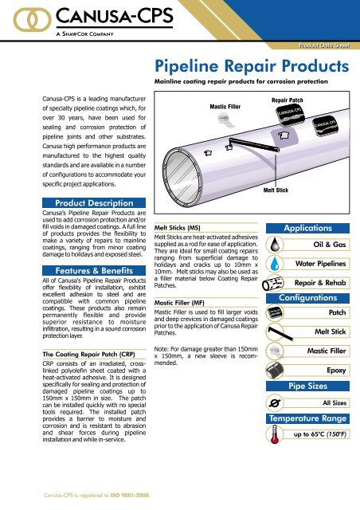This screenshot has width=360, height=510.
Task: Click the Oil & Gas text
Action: [331, 245]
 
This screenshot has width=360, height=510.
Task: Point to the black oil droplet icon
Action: [276, 245]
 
